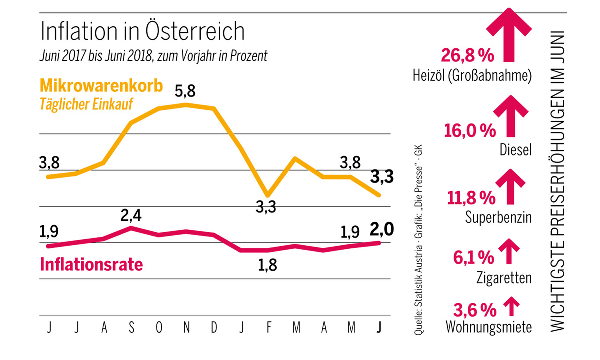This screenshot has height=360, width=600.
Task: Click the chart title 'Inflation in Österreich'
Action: (142, 32)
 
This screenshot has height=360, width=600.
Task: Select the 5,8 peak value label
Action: (186, 93)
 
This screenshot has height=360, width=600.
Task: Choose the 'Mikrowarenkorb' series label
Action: (101, 86)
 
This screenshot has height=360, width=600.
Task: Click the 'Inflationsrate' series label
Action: (92, 264)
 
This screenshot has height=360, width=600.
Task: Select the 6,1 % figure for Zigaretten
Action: (474, 257)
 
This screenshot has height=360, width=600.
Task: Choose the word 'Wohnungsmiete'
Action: (488, 327)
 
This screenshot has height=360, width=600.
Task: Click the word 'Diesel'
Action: (515, 150)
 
